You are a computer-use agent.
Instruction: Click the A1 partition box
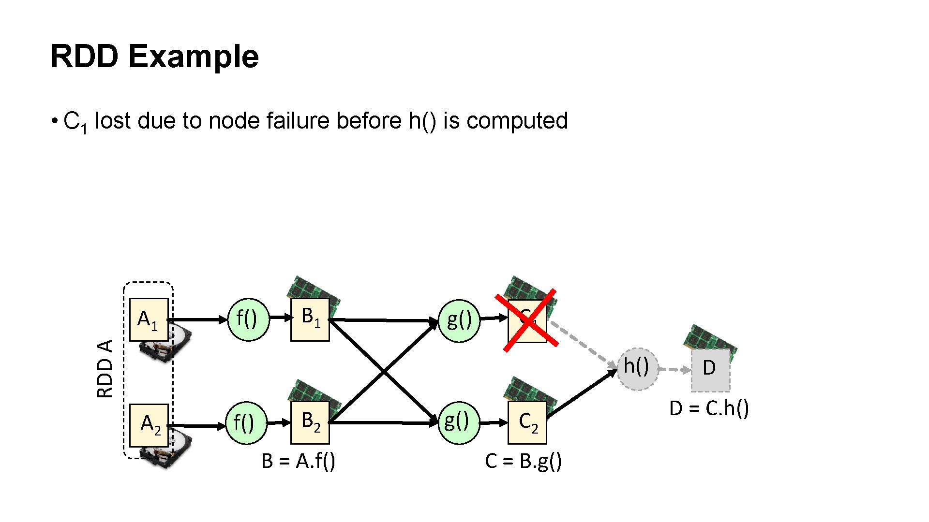[x=149, y=319]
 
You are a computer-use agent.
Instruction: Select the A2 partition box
[x=149, y=425]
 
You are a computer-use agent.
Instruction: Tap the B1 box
[x=310, y=319]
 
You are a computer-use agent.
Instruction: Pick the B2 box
[x=310, y=422]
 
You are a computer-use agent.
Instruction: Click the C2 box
[x=527, y=422]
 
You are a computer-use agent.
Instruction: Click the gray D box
[x=710, y=370]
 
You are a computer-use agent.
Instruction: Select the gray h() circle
[x=637, y=368]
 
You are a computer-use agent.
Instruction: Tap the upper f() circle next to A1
[x=248, y=319]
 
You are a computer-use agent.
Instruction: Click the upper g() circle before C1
[x=459, y=320]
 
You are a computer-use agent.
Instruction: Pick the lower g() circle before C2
[x=458, y=422]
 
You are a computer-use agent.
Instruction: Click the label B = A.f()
[x=298, y=461]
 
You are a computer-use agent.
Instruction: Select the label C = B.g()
[x=523, y=461]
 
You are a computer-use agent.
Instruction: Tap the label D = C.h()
[x=709, y=409]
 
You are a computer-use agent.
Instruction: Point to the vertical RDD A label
[x=105, y=368]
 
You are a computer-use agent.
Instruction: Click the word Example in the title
[x=194, y=57]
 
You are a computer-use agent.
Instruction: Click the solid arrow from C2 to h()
[x=582, y=394]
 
